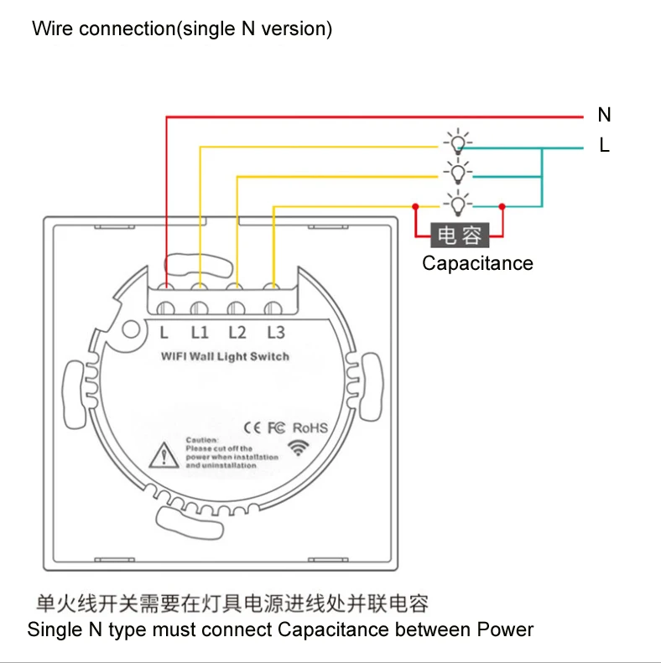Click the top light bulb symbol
[x=457, y=142]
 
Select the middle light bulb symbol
[x=457, y=173]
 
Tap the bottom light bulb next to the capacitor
[x=457, y=204]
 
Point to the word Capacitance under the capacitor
[x=477, y=263]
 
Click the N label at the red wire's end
[x=604, y=115]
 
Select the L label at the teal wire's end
[x=604, y=146]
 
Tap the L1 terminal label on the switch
[x=200, y=332]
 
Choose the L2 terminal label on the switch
[x=237, y=332]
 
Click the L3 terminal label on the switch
[x=275, y=332]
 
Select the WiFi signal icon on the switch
[x=297, y=447]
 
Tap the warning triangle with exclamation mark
[x=160, y=455]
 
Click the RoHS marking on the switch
[x=310, y=427]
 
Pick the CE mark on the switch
[x=252, y=427]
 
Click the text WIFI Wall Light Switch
[x=225, y=357]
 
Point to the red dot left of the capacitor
[x=414, y=206]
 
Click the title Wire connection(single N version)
[x=182, y=28]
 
